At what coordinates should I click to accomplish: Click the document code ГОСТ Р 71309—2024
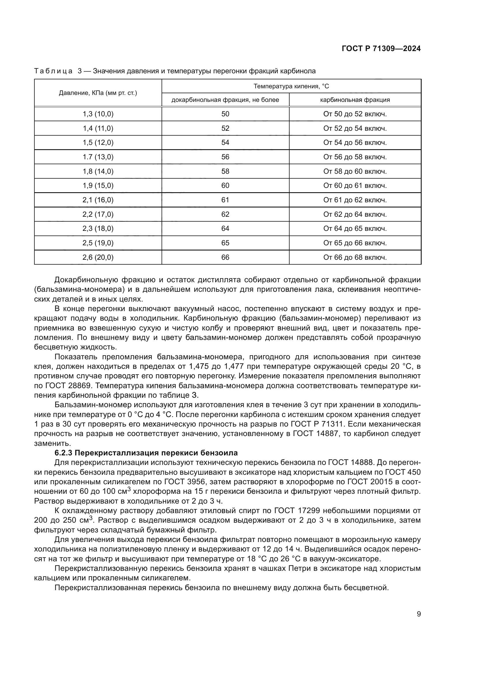(x=381, y=49)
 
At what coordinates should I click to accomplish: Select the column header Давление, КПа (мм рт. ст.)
(x=98, y=93)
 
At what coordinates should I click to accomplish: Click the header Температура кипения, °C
(x=291, y=86)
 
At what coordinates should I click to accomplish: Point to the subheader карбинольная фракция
(x=355, y=100)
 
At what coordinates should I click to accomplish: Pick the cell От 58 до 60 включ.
(x=355, y=171)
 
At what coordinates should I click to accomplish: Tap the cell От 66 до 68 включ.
(x=355, y=257)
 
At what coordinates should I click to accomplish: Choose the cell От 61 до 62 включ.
(x=355, y=200)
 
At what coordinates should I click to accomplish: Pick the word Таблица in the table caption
(x=53, y=71)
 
